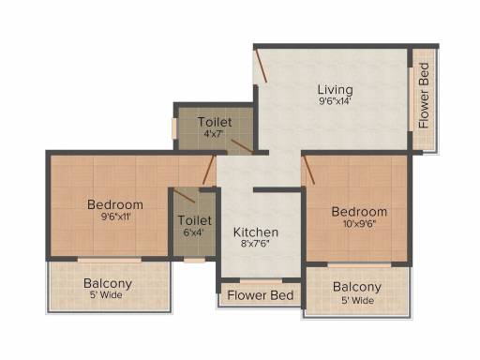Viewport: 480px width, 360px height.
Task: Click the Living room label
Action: point(336,90)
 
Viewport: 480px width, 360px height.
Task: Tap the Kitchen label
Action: point(256,232)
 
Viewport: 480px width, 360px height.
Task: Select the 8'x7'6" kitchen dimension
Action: point(255,244)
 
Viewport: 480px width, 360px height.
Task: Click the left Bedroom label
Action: point(115,204)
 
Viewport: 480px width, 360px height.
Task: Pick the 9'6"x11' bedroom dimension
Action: point(115,217)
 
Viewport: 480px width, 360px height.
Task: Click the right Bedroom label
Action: point(359,212)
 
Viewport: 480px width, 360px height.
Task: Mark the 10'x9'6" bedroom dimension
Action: point(358,223)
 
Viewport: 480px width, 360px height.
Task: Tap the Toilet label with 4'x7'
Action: point(215,122)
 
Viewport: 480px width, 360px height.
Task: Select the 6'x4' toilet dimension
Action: point(195,232)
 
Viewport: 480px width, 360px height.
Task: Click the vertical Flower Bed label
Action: point(424,96)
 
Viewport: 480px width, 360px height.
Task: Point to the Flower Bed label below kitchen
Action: point(261,295)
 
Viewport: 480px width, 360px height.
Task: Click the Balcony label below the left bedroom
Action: point(108,284)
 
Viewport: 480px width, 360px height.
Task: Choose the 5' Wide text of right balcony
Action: point(357,301)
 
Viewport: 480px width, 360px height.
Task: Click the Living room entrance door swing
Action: point(261,66)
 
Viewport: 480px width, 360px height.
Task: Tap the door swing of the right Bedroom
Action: point(309,170)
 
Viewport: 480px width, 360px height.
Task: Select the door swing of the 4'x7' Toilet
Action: point(243,146)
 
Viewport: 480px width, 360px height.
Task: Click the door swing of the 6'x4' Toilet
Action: point(185,196)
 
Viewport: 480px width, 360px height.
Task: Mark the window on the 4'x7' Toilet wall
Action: point(174,127)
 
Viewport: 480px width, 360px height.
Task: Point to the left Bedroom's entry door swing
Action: point(209,170)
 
